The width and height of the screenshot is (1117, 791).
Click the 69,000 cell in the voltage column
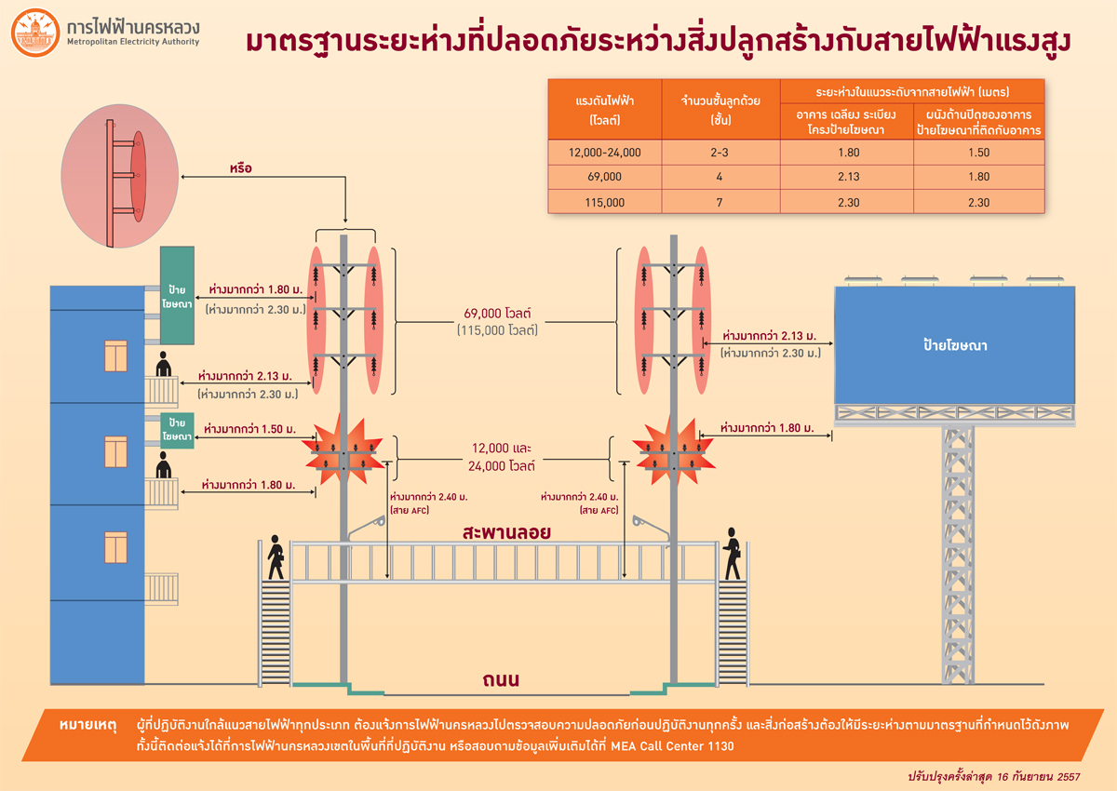[x=605, y=176]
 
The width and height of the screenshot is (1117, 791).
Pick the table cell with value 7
[x=720, y=201]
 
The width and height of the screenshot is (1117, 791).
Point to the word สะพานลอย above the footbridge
[x=507, y=533]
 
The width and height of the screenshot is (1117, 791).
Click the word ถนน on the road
[x=501, y=680]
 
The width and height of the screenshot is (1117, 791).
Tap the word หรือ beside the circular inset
[x=241, y=169]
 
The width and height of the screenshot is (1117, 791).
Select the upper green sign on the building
[x=177, y=295]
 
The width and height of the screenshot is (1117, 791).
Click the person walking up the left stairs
[x=276, y=556]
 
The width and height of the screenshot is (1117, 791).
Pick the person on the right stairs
[x=733, y=551]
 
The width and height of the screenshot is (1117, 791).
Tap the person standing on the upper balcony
[x=164, y=365]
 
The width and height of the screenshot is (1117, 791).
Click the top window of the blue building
[x=115, y=355]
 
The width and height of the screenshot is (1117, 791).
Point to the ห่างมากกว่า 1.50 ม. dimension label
[x=249, y=430]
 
